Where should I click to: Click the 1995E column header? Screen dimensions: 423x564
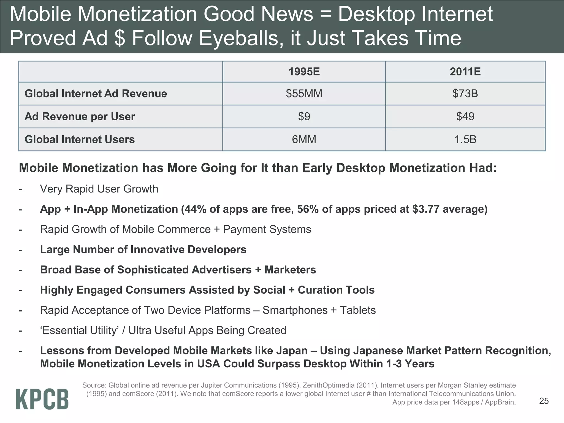coord(304,72)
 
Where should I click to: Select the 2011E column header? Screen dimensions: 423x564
coord(465,72)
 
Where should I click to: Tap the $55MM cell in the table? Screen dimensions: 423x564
coord(304,94)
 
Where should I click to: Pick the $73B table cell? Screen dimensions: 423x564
coord(465,94)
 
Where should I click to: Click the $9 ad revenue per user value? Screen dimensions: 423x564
coord(304,116)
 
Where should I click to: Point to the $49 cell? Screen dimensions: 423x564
coord(465,116)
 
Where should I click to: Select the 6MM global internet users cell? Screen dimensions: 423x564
coord(304,139)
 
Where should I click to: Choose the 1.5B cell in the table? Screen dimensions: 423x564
coord(465,139)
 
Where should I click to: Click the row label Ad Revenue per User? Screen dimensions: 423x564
coord(80,116)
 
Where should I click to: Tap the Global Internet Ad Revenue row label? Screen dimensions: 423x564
coord(96,94)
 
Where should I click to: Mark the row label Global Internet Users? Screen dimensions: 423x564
coord(80,139)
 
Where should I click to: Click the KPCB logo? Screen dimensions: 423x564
coord(42,399)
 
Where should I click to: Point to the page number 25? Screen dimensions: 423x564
coord(544,401)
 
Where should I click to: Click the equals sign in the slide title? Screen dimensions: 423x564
coord(325,14)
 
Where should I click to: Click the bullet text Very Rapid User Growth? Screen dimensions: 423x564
coord(99,189)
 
